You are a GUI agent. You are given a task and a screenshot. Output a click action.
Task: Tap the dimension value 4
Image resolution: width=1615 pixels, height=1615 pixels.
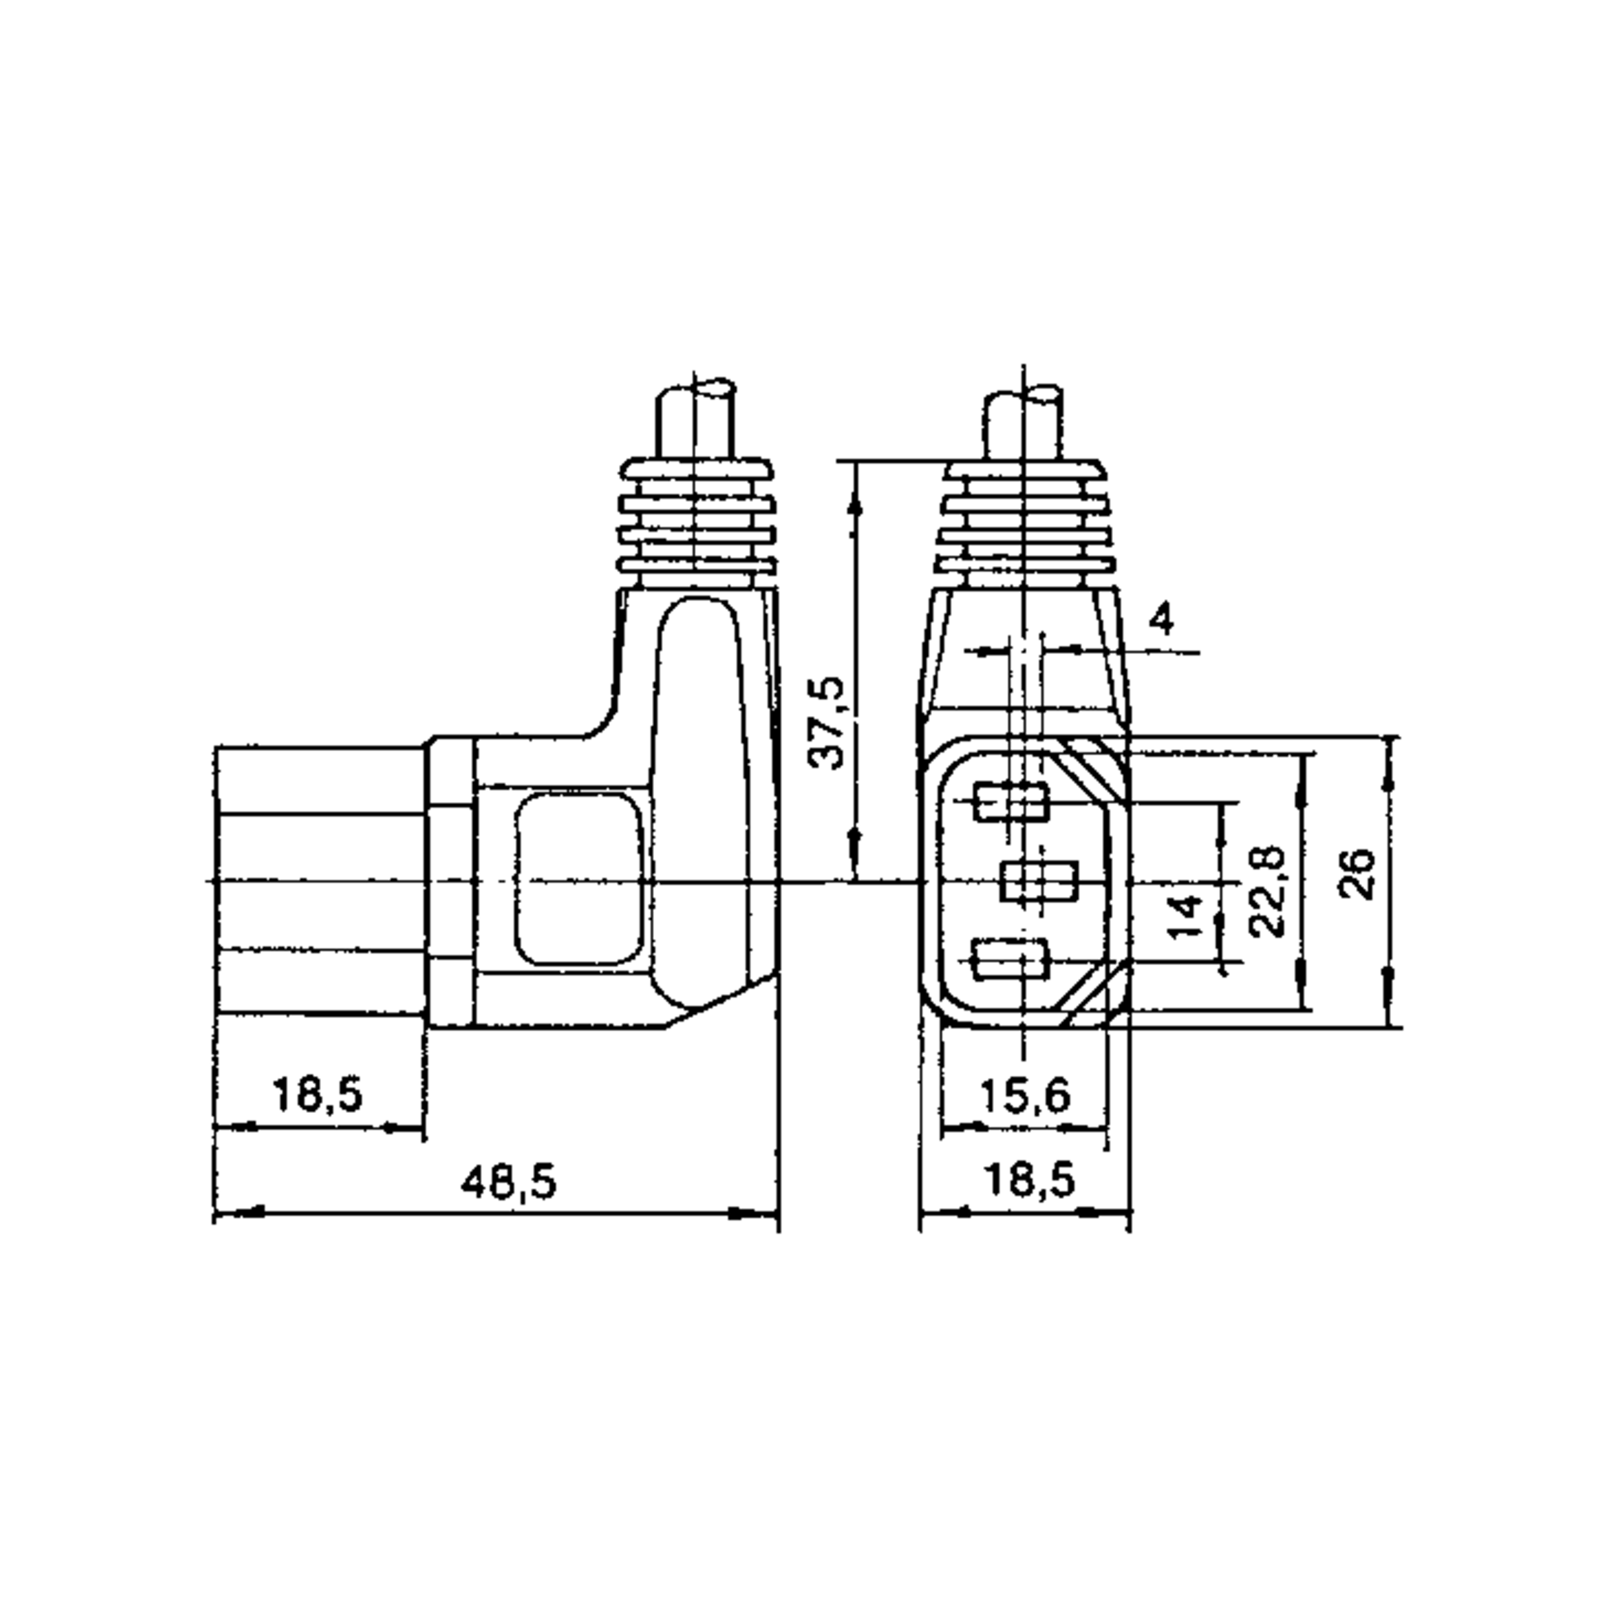[x=1162, y=620]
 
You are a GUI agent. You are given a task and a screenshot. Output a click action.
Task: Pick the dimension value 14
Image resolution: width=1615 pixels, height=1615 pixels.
[x=1186, y=914]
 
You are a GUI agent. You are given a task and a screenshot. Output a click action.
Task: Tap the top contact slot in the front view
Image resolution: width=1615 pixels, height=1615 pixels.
[x=1011, y=803]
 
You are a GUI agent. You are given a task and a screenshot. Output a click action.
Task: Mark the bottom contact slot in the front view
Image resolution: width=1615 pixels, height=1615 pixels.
[x=1010, y=959]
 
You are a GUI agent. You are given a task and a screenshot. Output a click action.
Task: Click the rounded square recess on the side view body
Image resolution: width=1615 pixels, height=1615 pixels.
[x=579, y=880]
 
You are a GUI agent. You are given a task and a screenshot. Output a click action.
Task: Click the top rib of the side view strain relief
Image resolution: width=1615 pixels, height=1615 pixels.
[x=696, y=469]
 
